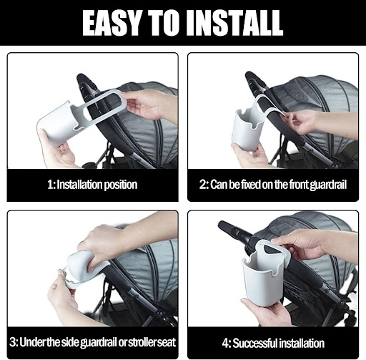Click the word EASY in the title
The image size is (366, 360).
112,23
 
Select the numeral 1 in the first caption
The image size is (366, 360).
51,185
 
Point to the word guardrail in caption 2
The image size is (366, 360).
329,185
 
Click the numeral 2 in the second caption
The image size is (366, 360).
203,185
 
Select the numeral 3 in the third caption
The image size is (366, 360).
13,342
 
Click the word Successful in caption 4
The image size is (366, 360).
255,343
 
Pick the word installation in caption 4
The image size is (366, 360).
302,343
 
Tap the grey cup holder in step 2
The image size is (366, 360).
248,129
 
